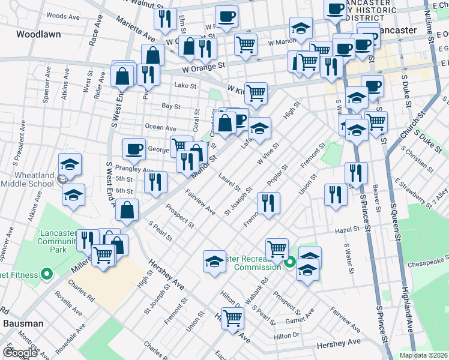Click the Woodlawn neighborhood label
point(39,34)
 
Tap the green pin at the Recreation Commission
point(290,263)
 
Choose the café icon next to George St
point(134,149)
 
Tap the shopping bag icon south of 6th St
point(127,210)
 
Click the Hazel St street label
point(347,229)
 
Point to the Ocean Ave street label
point(160,128)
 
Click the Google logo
point(20,353)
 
